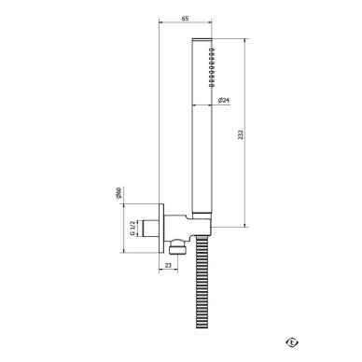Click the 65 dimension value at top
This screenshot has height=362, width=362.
point(185,19)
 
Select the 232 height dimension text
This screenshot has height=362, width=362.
point(241,134)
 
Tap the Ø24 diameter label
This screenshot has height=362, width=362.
point(224,100)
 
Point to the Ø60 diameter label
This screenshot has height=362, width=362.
point(118,193)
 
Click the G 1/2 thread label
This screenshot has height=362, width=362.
point(132,228)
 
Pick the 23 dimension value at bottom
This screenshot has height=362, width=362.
point(168,265)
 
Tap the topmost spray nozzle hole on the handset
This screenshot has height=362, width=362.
point(212,49)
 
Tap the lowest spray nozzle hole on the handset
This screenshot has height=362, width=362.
point(212,84)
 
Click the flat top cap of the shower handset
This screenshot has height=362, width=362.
point(202,39)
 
